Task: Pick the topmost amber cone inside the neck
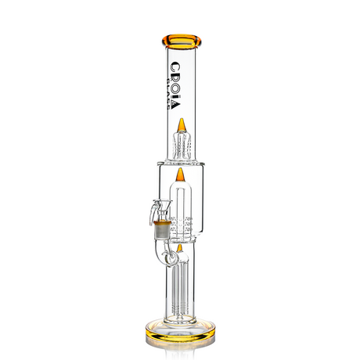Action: click(180, 125)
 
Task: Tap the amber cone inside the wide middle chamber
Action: click(180, 174)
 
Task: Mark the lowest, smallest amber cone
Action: click(180, 247)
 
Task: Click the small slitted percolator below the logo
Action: click(180, 144)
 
